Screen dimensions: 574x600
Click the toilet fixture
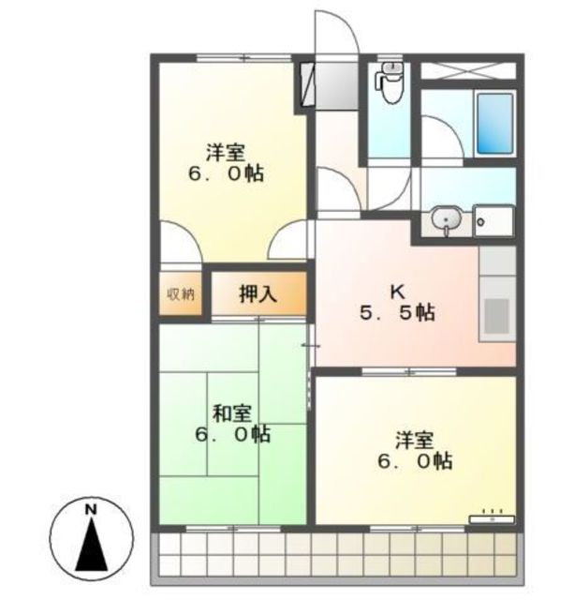[389, 83]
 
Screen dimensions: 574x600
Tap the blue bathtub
[495, 123]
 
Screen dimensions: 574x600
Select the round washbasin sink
[447, 219]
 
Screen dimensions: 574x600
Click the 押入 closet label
[258, 294]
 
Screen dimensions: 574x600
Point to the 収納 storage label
[181, 294]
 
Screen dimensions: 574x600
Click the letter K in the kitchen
[397, 292]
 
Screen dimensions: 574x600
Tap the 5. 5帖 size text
[397, 313]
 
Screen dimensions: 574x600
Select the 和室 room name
[231, 414]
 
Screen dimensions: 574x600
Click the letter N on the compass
[91, 510]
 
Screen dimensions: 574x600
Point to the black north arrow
[92, 544]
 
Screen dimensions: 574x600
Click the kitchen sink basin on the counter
[497, 317]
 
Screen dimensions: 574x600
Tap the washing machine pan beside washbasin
[493, 221]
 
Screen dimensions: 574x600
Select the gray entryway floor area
[336, 85]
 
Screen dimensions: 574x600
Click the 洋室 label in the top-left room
[227, 152]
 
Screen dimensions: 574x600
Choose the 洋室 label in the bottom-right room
[415, 440]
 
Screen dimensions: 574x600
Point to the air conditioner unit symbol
[492, 518]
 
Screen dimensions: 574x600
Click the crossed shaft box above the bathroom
[468, 71]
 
